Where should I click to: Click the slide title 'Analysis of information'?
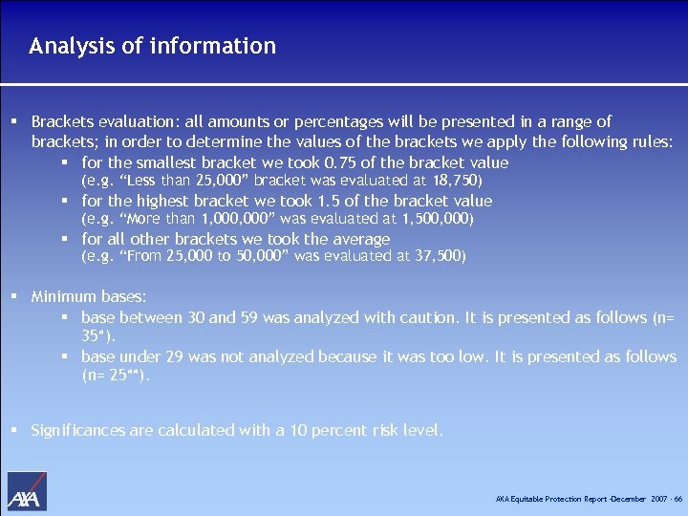pos(152,46)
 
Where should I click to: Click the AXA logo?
pos(27,491)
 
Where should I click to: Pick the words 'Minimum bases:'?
pos(89,297)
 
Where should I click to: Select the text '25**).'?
pos(117,376)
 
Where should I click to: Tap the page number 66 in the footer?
pos(677,500)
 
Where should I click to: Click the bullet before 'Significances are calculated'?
pos(14,430)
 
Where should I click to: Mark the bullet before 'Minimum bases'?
pos(14,297)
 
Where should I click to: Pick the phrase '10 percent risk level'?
pos(368,431)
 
